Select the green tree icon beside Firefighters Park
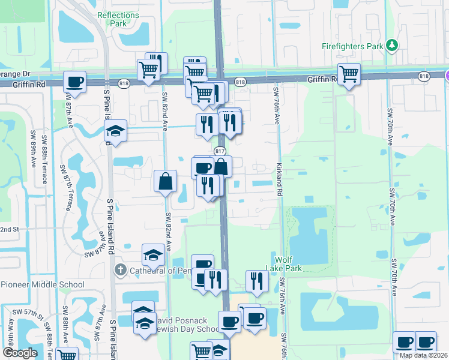[x=392, y=45]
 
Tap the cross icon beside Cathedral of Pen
[x=120, y=271]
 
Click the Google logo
[x=20, y=353]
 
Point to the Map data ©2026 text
[x=423, y=355]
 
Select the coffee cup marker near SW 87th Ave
[x=75, y=82]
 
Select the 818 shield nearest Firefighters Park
[x=424, y=76]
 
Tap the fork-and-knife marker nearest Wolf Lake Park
[x=257, y=281]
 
